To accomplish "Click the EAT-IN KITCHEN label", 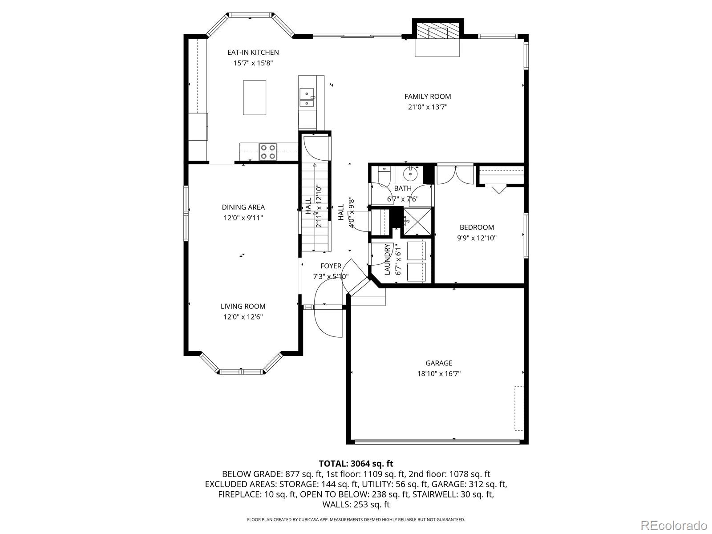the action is click(x=253, y=52).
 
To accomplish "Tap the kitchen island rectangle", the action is click(x=255, y=97).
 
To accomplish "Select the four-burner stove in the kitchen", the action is click(x=268, y=152).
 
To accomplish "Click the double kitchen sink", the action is click(x=307, y=97).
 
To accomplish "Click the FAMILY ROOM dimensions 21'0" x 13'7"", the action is click(x=428, y=107).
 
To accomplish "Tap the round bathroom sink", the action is click(x=411, y=174).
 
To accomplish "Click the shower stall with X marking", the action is click(x=417, y=222).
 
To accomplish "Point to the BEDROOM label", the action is click(x=477, y=227).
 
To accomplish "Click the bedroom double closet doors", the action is click(x=455, y=175).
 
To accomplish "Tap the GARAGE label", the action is click(x=439, y=363).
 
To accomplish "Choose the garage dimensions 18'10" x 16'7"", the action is click(x=439, y=373).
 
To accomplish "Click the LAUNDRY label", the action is click(x=387, y=259).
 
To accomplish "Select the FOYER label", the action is click(x=331, y=266).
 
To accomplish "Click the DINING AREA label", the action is click(x=243, y=207).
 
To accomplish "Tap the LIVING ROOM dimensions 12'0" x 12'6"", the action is click(x=243, y=317).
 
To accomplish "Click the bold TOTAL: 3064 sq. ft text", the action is click(x=356, y=463).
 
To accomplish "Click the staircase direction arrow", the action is click(x=314, y=207).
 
